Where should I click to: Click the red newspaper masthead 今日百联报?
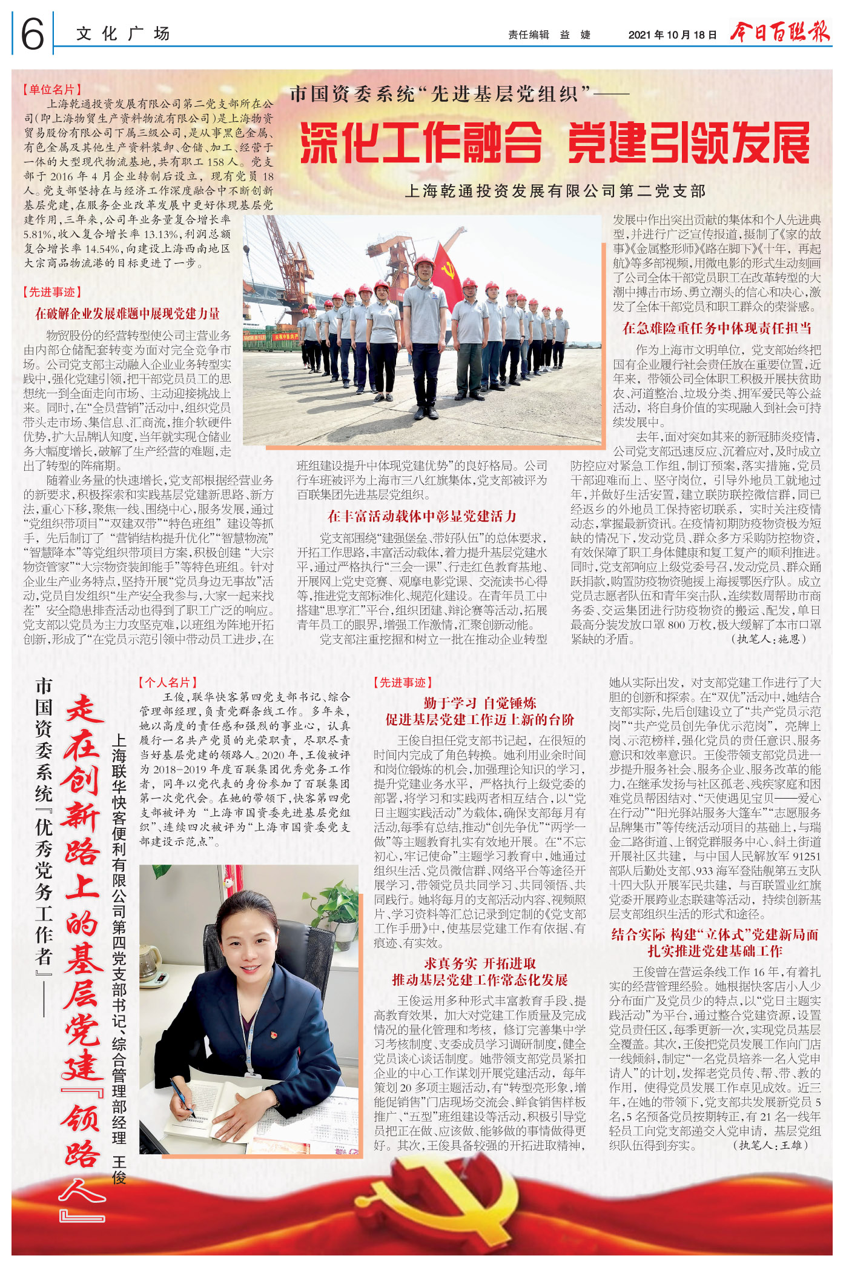[x=779, y=32]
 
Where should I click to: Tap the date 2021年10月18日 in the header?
[x=672, y=35]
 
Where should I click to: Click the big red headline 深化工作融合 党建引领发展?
[x=555, y=143]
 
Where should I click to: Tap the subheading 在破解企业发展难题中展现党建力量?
[x=127, y=314]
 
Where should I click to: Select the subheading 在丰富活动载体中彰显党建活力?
[x=421, y=516]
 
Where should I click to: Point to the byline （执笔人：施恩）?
[x=769, y=639]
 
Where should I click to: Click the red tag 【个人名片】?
[x=168, y=682]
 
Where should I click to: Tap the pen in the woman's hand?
[x=182, y=1097]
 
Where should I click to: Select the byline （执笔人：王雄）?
[x=770, y=1145]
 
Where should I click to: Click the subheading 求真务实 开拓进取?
[x=480, y=963]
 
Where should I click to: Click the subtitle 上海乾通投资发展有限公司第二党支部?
[x=555, y=191]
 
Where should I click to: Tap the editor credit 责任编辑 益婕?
[x=549, y=35]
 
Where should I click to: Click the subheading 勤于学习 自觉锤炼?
[x=480, y=703]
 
